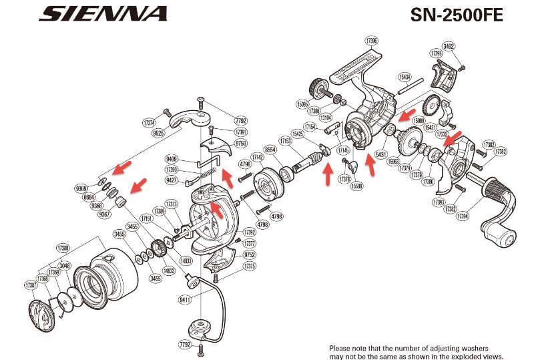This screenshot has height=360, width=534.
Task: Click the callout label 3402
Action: (x=449, y=45)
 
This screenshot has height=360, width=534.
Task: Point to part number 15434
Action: (x=405, y=75)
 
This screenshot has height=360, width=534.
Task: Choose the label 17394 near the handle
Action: (x=465, y=216)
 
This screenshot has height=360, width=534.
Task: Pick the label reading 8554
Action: (x=270, y=150)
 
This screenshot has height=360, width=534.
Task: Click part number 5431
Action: (x=382, y=155)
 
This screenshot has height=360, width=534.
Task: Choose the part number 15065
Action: (x=304, y=104)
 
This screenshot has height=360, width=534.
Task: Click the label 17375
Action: (x=250, y=265)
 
